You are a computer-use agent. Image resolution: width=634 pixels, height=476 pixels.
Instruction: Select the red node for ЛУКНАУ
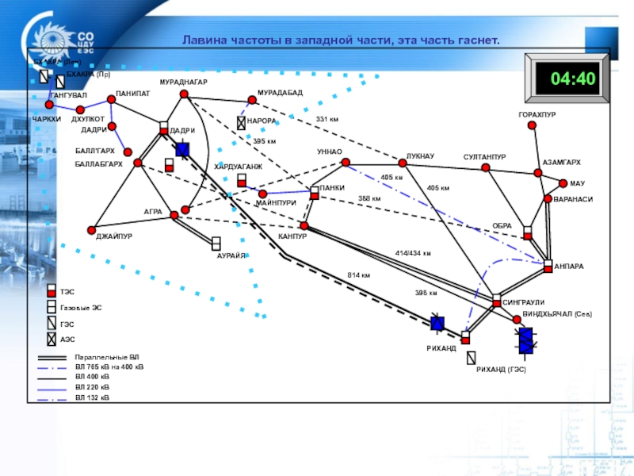pyautogui.click(x=403, y=163)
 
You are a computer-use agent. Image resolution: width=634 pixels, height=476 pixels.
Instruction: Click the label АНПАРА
pyautogui.click(x=569, y=267)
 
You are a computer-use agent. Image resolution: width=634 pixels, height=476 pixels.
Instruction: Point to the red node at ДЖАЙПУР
pyautogui.click(x=93, y=228)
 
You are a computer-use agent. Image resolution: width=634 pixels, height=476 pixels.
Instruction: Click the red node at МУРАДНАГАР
pyautogui.click(x=184, y=94)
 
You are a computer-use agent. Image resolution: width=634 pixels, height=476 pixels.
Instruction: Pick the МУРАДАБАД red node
pyautogui.click(x=252, y=101)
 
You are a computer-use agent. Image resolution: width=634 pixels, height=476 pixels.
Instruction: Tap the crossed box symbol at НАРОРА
pyautogui.click(x=241, y=123)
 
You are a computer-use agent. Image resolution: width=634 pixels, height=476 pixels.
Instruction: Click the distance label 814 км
pyautogui.click(x=358, y=275)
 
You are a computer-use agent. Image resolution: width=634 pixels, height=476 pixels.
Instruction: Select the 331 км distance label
pyautogui.click(x=327, y=119)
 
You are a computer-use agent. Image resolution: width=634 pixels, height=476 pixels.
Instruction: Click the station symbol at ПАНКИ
pyautogui.click(x=315, y=192)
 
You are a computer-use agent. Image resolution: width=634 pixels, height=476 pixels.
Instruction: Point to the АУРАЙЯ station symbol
pyautogui.click(x=216, y=243)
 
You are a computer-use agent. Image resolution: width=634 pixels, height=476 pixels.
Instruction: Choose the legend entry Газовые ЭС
pyautogui.click(x=81, y=307)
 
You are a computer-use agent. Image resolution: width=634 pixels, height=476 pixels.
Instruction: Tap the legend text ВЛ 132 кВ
pyautogui.click(x=93, y=396)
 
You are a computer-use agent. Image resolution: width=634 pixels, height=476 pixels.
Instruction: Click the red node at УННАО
pyautogui.click(x=346, y=162)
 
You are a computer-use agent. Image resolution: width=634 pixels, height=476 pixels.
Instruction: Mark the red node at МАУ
pyautogui.click(x=563, y=183)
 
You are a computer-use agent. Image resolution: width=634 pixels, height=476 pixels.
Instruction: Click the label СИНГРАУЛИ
pyautogui.click(x=524, y=302)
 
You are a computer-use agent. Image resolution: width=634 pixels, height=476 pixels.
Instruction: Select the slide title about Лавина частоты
pyautogui.click(x=341, y=39)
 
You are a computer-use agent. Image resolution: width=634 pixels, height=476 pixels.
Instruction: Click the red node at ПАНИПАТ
pyautogui.click(x=111, y=100)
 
